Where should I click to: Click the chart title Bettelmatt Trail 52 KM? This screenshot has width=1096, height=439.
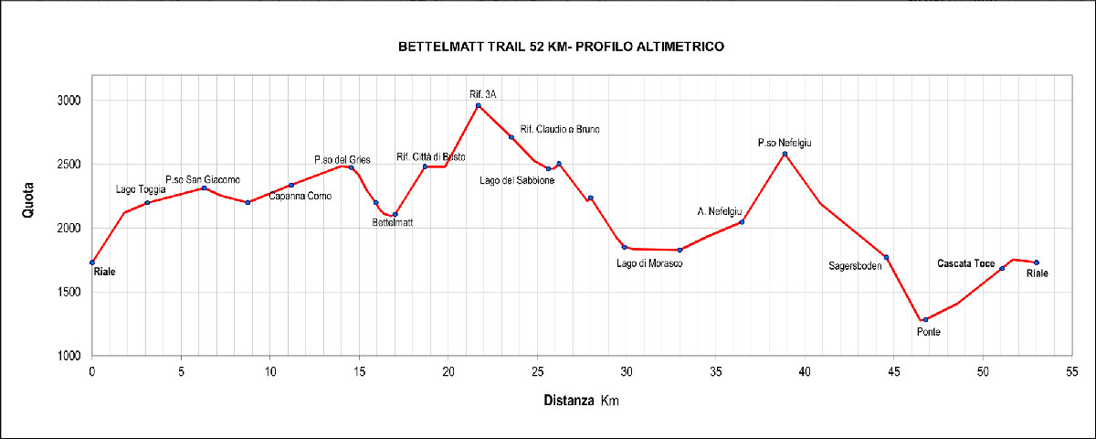(561, 47)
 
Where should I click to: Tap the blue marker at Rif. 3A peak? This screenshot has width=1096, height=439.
(479, 105)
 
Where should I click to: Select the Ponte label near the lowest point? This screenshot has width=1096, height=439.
(929, 332)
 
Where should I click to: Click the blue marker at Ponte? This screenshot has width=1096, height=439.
(925, 319)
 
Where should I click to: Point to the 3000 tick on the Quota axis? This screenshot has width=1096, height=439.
(68, 101)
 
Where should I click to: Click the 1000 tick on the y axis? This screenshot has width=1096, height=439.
(68, 356)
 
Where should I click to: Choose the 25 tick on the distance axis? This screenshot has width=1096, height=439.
(537, 372)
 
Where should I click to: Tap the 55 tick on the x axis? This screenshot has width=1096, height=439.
(1072, 372)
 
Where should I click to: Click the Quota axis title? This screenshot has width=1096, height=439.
(28, 200)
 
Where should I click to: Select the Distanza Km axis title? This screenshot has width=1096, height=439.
(581, 401)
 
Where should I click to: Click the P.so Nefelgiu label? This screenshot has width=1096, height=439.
(785, 143)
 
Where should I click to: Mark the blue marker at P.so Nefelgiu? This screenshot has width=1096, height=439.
(785, 154)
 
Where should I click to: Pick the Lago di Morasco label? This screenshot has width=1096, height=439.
(649, 263)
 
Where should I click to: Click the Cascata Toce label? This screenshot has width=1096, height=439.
(966, 263)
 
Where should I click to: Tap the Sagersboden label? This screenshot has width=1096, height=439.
(855, 266)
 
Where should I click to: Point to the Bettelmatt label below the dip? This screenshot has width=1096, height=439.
(393, 222)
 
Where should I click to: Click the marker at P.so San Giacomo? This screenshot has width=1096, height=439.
(205, 188)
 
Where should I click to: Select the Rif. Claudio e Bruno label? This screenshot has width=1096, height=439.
(560, 129)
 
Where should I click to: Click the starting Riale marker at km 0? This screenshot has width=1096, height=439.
(92, 262)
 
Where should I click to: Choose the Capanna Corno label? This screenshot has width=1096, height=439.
(300, 196)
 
